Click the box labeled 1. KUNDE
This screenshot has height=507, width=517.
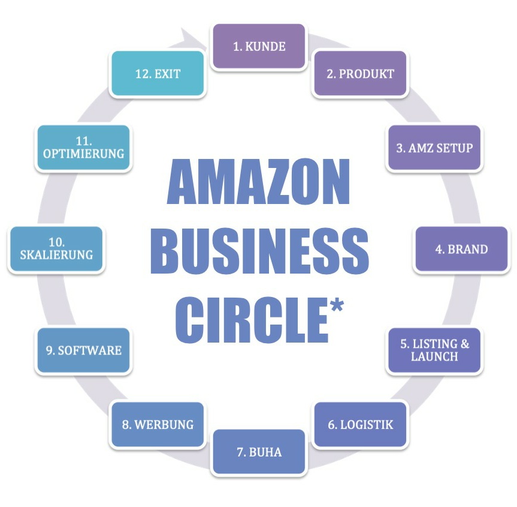tap(259, 46)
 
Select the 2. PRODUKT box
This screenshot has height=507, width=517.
tap(360, 74)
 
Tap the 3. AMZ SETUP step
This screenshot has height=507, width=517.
tap(434, 148)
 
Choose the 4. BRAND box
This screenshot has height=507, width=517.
tap(461, 249)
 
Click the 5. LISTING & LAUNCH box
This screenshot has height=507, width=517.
tap(434, 350)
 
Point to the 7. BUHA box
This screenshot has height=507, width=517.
tap(259, 452)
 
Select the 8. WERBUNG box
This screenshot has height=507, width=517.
tap(158, 425)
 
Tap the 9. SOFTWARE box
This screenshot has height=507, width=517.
tap(83, 350)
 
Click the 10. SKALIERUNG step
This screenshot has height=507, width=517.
tap(56, 249)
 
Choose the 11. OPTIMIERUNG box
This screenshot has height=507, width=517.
tap(83, 148)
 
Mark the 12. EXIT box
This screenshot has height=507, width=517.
tap(158, 74)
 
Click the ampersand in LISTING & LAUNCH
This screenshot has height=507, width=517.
tap(465, 344)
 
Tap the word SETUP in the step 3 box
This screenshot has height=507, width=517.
tap(453, 148)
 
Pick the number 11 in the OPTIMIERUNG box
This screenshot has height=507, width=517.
tap(83, 142)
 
